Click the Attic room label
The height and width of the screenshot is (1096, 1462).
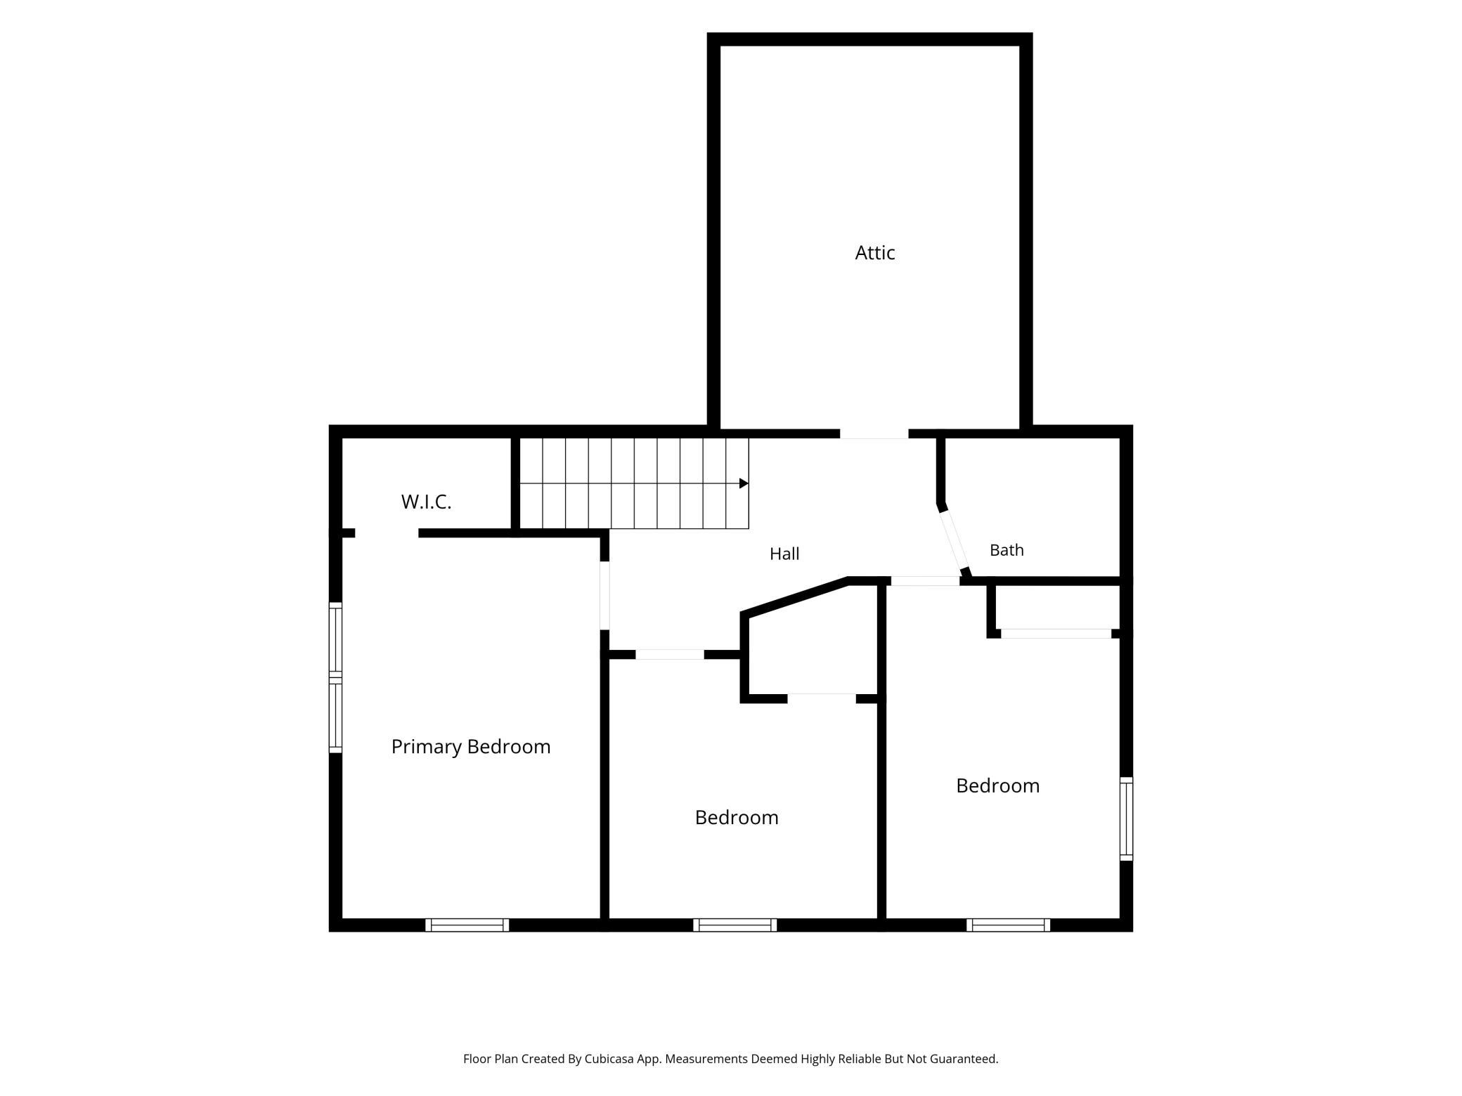click(x=874, y=253)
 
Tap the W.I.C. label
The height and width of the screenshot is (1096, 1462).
click(x=426, y=502)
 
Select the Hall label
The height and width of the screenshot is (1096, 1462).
click(x=784, y=554)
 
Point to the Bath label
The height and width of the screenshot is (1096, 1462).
click(x=1007, y=550)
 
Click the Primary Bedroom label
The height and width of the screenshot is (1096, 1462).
click(x=471, y=747)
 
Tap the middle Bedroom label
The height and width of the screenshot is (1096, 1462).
click(x=737, y=817)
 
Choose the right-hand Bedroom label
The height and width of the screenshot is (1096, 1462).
click(x=997, y=785)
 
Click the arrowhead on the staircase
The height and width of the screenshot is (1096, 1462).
click(x=744, y=483)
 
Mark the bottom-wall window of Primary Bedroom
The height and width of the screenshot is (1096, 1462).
click(x=467, y=925)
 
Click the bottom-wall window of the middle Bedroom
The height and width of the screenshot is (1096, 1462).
click(x=735, y=925)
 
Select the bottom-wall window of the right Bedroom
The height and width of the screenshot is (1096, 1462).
click(x=1008, y=925)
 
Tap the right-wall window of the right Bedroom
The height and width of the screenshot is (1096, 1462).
click(x=1126, y=818)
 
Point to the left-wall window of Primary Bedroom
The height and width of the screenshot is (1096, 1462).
click(x=336, y=678)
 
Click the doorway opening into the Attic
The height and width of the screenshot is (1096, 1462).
click(x=874, y=434)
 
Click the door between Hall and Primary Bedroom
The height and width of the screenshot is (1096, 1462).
click(x=604, y=595)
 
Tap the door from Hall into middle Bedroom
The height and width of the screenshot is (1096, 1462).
click(x=670, y=654)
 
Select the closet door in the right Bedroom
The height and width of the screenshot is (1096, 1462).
click(x=1056, y=634)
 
